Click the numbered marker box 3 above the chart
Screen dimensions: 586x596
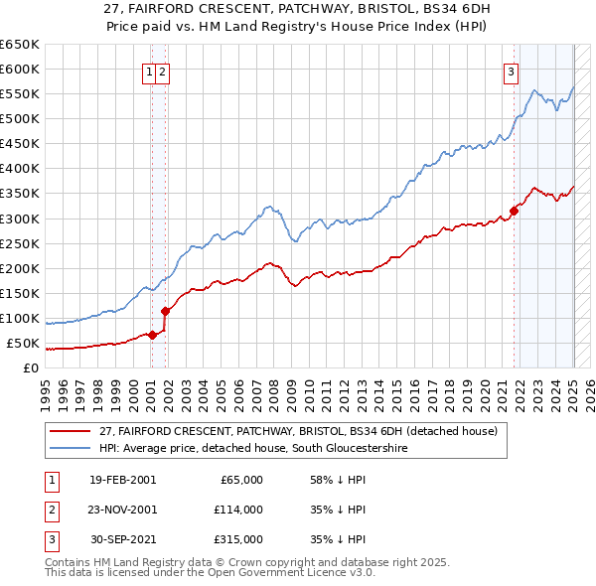pos(511,71)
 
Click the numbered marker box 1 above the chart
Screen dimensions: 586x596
pos(149,71)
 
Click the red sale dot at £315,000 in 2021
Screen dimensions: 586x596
pos(515,210)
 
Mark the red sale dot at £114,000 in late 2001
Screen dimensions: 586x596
pos(165,310)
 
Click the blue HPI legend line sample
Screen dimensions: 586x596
pos(72,449)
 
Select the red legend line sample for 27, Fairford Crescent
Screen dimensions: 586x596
pos(72,431)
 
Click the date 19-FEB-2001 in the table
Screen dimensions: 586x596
pos(122,480)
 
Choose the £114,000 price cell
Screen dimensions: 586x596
pos(239,510)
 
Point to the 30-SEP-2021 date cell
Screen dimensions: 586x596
pos(122,539)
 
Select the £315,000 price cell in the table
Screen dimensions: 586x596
pos(239,539)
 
